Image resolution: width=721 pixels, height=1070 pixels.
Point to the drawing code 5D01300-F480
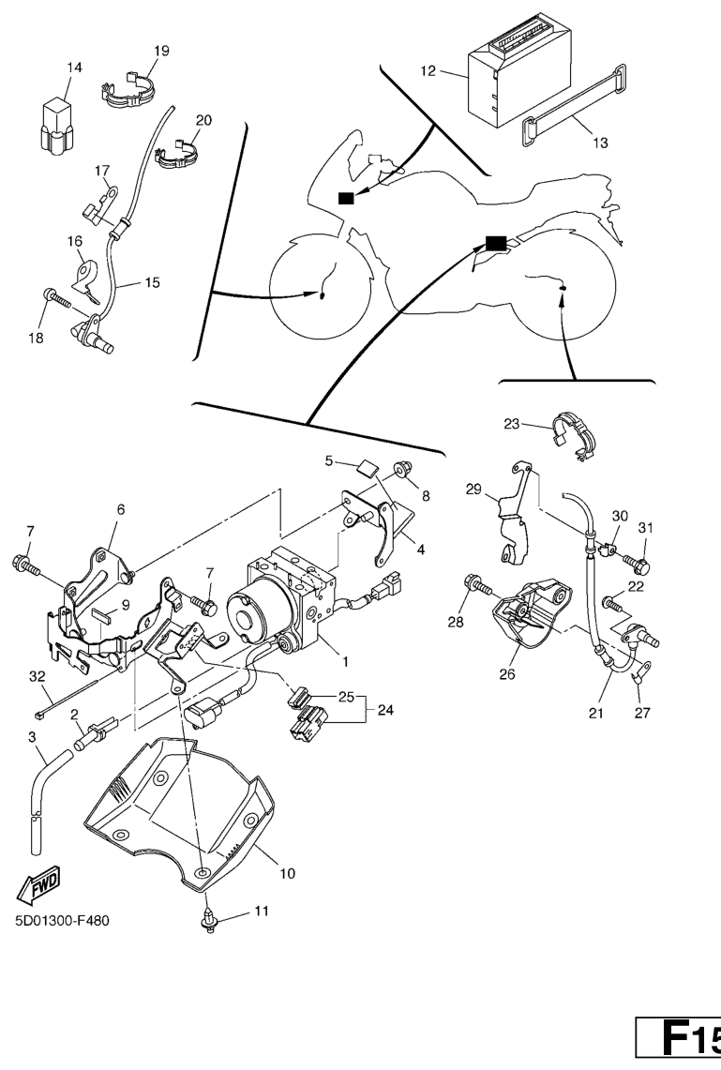[62, 920]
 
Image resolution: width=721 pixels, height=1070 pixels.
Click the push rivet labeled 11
[209, 919]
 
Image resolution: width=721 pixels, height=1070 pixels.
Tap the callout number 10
[287, 873]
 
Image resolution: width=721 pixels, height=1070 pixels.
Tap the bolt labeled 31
[640, 565]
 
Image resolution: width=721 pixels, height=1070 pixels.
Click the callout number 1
[345, 661]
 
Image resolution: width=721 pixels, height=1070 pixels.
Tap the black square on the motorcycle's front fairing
[347, 198]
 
